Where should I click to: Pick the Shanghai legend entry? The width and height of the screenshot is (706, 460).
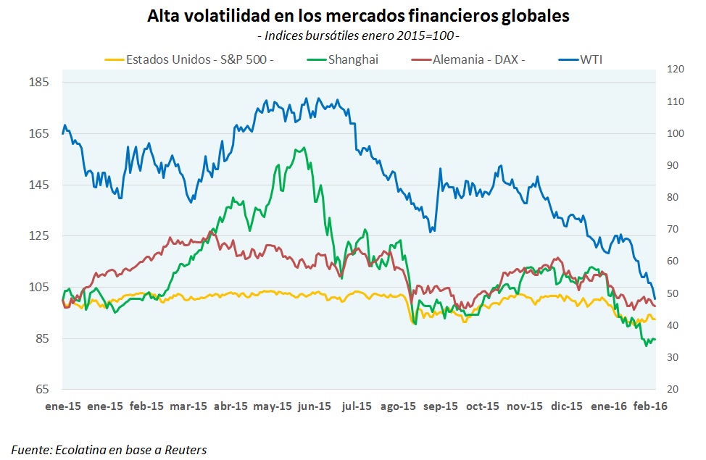[x=352, y=59]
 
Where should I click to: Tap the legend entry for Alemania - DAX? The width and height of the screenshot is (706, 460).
[x=478, y=59]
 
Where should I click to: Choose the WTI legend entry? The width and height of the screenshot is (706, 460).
[x=591, y=59]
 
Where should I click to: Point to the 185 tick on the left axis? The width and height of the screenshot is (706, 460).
[x=38, y=82]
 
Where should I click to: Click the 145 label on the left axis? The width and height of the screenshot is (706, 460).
[x=38, y=185]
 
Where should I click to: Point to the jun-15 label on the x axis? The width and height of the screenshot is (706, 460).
[x=314, y=406]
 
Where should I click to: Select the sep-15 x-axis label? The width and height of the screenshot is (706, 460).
[x=440, y=406]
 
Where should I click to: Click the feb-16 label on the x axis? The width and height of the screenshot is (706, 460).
[x=650, y=406]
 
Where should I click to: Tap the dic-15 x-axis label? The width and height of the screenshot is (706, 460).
[x=566, y=406]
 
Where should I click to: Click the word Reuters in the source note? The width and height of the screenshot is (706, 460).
[x=184, y=450]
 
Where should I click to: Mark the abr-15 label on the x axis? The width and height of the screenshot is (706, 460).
[x=231, y=406]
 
